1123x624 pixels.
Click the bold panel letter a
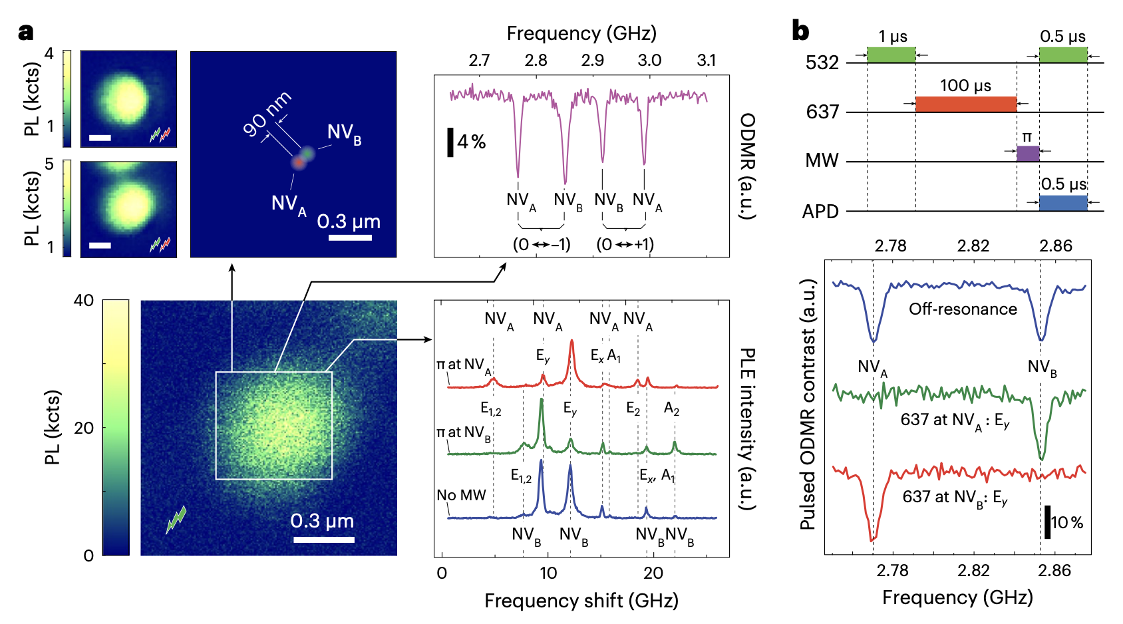pyautogui.click(x=26, y=32)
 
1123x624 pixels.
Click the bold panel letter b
pyautogui.click(x=801, y=31)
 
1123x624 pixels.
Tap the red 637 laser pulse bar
pyautogui.click(x=965, y=104)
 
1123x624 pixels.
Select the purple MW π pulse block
pyautogui.click(x=1028, y=154)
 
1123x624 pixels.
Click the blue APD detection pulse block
pyautogui.click(x=1063, y=203)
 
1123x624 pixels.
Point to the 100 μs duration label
pyautogui.click(x=965, y=86)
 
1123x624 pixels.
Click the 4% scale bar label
pyautogui.click(x=471, y=142)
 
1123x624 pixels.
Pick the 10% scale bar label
pyautogui.click(x=1067, y=523)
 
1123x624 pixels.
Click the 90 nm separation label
pyautogui.click(x=267, y=113)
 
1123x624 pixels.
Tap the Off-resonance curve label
pyautogui.click(x=963, y=309)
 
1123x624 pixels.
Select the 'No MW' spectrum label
pyautogui.click(x=461, y=495)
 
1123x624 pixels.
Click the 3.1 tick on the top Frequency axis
pyautogui.click(x=707, y=61)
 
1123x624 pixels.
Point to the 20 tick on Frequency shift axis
pyautogui.click(x=653, y=573)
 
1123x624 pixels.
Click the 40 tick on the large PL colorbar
pyautogui.click(x=84, y=301)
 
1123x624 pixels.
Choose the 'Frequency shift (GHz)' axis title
pyautogui.click(x=581, y=601)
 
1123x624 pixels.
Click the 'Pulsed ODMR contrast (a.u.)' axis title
pyautogui.click(x=808, y=404)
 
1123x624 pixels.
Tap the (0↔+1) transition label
pyautogui.click(x=625, y=244)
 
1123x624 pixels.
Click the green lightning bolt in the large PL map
pyautogui.click(x=176, y=520)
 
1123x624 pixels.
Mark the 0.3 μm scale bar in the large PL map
pyautogui.click(x=324, y=539)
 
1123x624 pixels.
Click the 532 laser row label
pyautogui.click(x=822, y=63)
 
